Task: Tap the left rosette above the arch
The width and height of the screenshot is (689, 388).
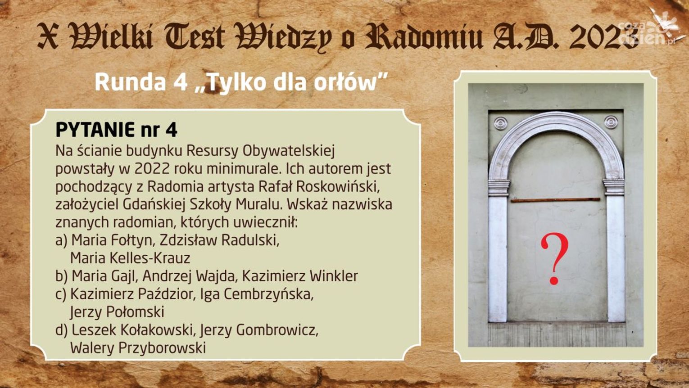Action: coord(501,123)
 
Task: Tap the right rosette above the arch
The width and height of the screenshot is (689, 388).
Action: coord(611,122)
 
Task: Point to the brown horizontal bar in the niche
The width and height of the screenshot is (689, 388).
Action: coord(556,200)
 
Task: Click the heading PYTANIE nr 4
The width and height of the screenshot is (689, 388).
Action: coord(116,130)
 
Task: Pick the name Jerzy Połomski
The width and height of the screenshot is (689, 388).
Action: coord(117,312)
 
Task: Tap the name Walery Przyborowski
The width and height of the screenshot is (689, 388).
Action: coord(138,348)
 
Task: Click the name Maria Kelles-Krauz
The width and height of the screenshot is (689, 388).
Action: coord(130,258)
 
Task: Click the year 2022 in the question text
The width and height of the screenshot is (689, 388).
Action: coord(152,169)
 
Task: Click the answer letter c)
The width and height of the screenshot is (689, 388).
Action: coord(61,294)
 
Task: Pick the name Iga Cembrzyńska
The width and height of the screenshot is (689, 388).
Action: coord(257,294)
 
